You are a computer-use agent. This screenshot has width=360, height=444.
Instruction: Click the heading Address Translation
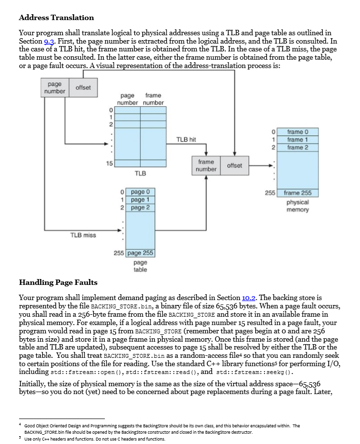56,18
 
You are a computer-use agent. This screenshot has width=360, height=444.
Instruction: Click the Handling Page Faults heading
58,282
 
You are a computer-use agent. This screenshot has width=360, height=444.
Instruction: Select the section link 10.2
249,297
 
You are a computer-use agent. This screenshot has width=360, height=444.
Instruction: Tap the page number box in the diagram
54,88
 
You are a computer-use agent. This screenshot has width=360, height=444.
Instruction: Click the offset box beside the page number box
83,87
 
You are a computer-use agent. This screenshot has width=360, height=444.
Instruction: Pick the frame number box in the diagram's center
206,165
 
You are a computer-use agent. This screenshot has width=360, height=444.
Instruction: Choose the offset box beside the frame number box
234,165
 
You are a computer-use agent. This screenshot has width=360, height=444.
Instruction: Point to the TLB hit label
186,140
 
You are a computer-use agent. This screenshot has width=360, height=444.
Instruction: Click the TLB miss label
83,235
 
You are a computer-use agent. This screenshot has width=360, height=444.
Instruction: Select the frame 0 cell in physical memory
298,132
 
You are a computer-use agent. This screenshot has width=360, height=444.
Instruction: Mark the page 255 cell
141,253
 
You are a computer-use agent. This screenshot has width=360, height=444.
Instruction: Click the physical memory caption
297,206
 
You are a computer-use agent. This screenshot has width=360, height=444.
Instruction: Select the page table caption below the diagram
140,266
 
